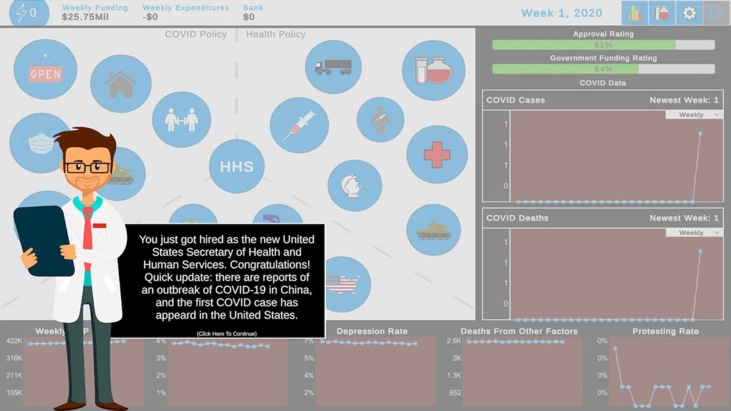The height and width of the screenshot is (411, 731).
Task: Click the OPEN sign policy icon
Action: [x=45, y=70]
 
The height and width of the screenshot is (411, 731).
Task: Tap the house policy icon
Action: [x=121, y=84]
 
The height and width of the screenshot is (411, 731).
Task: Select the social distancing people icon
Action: [x=181, y=119]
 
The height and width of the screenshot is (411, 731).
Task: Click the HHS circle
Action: [x=236, y=166]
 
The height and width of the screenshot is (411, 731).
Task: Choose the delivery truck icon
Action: [x=333, y=67]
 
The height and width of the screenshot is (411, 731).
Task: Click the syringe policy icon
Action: [x=299, y=125]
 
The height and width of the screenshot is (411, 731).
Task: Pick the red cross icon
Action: [x=437, y=155]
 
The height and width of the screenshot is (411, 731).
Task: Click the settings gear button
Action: [x=689, y=13]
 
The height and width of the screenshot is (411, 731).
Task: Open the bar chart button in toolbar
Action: [x=635, y=13]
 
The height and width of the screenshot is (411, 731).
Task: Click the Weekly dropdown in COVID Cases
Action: [x=694, y=115]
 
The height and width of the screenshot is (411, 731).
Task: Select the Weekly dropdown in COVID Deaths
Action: [x=694, y=233]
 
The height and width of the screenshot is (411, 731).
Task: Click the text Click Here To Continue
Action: [x=227, y=334]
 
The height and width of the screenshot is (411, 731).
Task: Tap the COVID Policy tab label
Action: [x=196, y=35]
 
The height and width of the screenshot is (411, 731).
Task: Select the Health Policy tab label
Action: [x=276, y=35]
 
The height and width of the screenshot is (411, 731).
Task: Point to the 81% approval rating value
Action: [x=603, y=45]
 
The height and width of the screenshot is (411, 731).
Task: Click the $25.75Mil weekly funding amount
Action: [x=85, y=17]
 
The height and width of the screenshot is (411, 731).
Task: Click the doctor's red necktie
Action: [x=88, y=232]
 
